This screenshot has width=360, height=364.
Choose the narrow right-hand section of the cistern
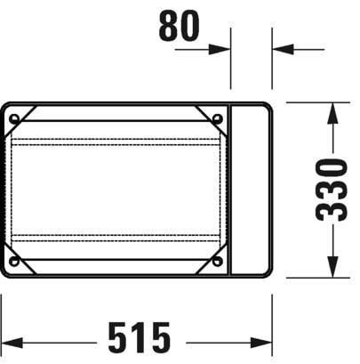pyautogui.click(x=251, y=190)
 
